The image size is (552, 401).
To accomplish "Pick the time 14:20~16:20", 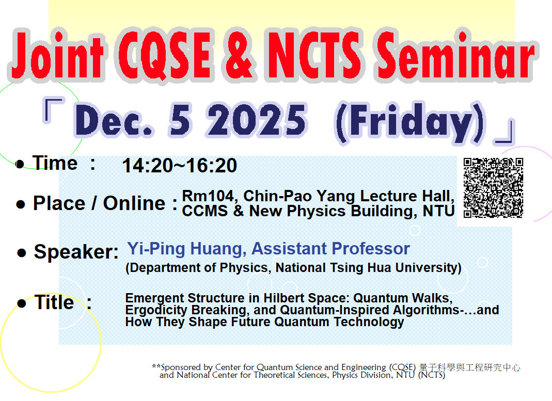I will click(x=179, y=166).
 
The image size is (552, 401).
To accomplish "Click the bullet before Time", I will click(x=20, y=165).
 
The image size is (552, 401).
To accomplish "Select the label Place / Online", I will click(x=99, y=203).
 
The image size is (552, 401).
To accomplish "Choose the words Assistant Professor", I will click(x=330, y=249).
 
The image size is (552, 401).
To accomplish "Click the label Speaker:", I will click(x=76, y=252).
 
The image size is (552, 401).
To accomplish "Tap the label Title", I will click(x=54, y=302).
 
